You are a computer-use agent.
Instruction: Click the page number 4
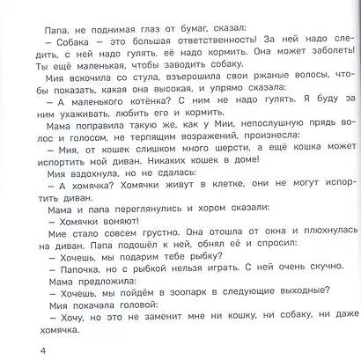tap(7, 353)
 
